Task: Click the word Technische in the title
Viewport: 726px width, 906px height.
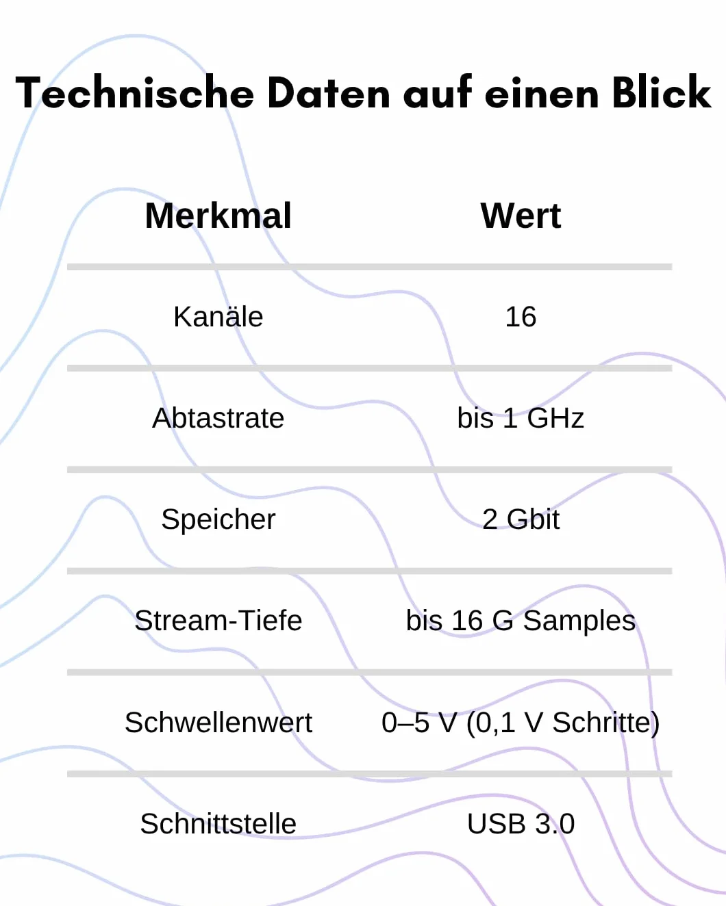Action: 135,92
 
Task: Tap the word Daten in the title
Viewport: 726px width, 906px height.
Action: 329,92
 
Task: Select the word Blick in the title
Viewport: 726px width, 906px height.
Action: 662,92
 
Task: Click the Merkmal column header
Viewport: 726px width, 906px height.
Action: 218,216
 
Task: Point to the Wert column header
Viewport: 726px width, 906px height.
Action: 521,216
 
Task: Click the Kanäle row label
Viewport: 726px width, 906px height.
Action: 218,316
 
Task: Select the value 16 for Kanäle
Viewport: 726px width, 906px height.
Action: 521,317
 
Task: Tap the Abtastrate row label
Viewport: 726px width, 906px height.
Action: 218,418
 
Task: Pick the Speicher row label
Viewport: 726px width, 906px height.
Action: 218,519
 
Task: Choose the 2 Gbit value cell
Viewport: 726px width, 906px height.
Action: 521,519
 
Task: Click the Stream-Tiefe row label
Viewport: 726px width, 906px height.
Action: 218,620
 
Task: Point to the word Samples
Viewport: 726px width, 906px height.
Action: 579,621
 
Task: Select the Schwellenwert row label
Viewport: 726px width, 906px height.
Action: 218,723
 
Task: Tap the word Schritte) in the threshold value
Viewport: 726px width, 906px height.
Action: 606,723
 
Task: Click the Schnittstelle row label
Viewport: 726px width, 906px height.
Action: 218,823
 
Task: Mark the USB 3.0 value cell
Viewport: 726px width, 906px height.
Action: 521,824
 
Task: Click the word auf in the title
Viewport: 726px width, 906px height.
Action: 438,92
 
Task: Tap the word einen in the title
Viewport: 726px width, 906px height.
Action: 542,94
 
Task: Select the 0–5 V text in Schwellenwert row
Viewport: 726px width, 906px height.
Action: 419,723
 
